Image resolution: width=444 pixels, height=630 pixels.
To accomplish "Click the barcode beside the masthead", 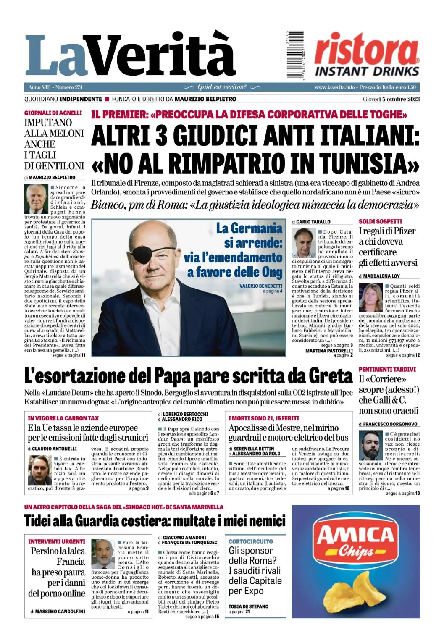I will [x=297, y=54].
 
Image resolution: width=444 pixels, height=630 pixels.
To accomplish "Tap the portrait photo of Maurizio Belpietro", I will [x=37, y=199].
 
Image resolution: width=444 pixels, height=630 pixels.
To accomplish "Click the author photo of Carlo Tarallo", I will [x=304, y=243].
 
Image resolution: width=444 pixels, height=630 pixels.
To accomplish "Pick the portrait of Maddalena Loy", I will [x=370, y=297].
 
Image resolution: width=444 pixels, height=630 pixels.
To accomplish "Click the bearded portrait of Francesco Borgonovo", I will [x=371, y=446].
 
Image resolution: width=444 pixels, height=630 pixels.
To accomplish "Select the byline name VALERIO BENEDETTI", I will [x=260, y=286].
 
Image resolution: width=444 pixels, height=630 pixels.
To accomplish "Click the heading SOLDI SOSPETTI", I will [x=380, y=221].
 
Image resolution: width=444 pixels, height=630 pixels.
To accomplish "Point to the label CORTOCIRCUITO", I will [x=250, y=541].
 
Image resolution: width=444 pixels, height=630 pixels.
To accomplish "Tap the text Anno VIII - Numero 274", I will [x=55, y=87].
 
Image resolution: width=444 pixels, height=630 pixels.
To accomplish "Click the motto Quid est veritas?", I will [x=222, y=87].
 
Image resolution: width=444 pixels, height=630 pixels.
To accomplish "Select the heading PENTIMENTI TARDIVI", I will [x=387, y=369].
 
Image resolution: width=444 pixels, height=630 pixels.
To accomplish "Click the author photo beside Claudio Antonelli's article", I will [x=39, y=470].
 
